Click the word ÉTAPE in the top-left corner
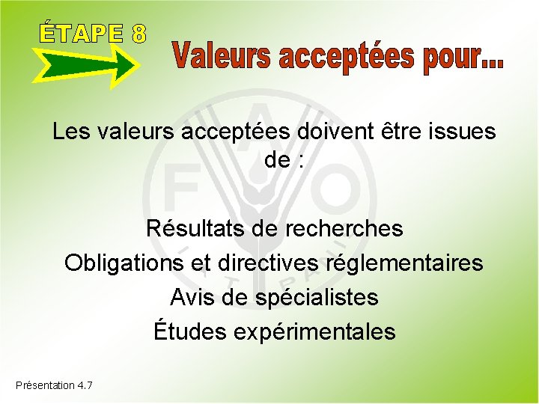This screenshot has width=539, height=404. pos(79,33)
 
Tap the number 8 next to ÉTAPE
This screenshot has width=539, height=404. pos(138,34)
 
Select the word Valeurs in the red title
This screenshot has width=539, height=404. pos(224,57)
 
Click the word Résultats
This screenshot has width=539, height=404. pos(194,227)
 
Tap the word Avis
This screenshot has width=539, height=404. pos(189,298)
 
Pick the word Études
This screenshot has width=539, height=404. pos(189,331)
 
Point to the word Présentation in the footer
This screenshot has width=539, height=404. pos(45,385)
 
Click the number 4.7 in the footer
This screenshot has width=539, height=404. pos(85,385)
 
